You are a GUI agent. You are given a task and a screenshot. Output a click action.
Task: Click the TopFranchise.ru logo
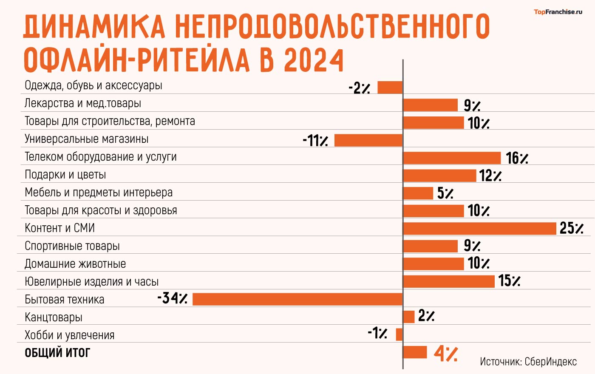click(558, 12)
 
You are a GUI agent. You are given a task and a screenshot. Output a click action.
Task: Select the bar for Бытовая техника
click(297, 299)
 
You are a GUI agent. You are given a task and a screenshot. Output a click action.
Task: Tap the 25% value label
click(571, 228)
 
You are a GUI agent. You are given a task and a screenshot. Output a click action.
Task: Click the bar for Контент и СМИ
click(479, 229)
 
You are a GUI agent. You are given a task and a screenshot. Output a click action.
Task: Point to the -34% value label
click(172, 298)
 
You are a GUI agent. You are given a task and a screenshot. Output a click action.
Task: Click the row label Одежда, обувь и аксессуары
click(93, 85)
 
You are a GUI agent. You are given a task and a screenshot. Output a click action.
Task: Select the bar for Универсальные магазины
click(368, 140)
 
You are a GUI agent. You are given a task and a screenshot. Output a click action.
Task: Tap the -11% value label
click(315, 140)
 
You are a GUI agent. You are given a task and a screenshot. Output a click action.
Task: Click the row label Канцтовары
click(54, 317)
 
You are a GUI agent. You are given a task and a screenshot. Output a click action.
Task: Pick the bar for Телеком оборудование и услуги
click(452, 158)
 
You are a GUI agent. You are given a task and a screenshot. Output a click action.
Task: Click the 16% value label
click(517, 158)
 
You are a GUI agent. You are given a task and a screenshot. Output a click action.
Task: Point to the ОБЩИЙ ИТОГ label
click(57, 353)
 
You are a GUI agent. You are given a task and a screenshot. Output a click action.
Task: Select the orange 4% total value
click(445, 353)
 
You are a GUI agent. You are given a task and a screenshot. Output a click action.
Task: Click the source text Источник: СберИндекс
click(528, 362)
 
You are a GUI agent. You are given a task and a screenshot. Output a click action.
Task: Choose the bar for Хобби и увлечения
click(399, 334)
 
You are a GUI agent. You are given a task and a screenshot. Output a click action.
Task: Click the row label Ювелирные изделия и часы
click(91, 282)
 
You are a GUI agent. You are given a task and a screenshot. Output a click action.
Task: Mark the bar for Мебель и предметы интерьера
click(418, 193)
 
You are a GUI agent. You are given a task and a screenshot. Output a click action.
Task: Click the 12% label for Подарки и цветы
click(490, 176)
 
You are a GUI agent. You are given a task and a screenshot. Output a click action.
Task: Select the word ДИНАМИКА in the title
click(94, 26)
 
